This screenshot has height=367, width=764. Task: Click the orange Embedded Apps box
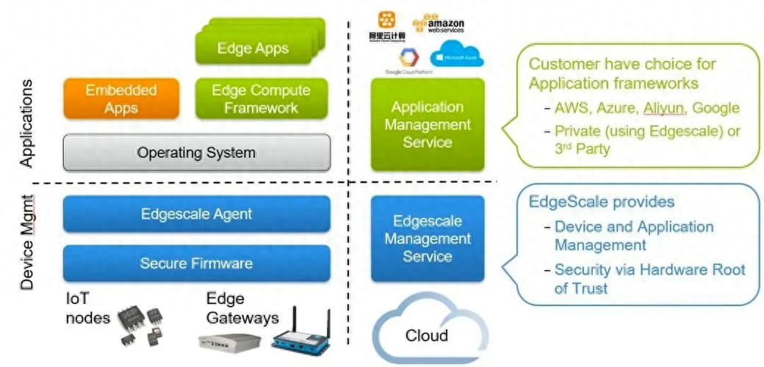tap(121, 98)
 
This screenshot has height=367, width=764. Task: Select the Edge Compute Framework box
tap(261, 98)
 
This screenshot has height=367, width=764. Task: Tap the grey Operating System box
tap(196, 153)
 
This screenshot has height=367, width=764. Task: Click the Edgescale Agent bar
tap(196, 214)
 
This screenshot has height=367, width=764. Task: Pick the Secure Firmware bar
tap(196, 263)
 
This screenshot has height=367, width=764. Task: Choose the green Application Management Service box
tap(427, 124)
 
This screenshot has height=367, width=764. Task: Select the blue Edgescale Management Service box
tap(427, 239)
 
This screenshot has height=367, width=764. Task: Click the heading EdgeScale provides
tap(602, 201)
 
